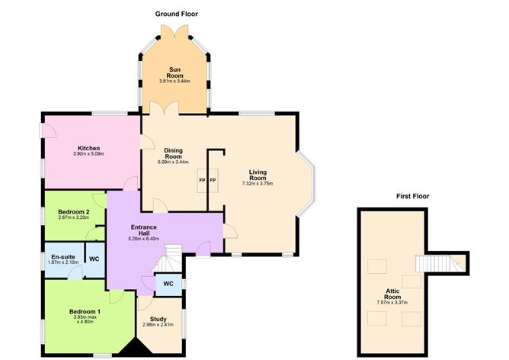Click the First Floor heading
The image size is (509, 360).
click(x=412, y=196)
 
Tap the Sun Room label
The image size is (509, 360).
click(x=174, y=73)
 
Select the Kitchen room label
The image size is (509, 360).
click(x=88, y=148)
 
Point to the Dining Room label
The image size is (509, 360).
click(x=169, y=153)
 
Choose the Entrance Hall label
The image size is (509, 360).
click(x=143, y=230)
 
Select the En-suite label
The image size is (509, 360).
click(x=62, y=258)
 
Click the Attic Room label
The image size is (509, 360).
click(x=392, y=294)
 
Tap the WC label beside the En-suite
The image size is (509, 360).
click(x=94, y=258)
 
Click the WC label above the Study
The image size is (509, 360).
click(x=168, y=284)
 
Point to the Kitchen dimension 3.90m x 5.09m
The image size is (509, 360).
click(x=88, y=154)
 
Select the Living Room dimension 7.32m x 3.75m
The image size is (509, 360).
click(x=257, y=184)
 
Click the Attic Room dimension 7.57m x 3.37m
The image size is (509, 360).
click(x=392, y=303)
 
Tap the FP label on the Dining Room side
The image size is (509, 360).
click(x=203, y=180)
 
